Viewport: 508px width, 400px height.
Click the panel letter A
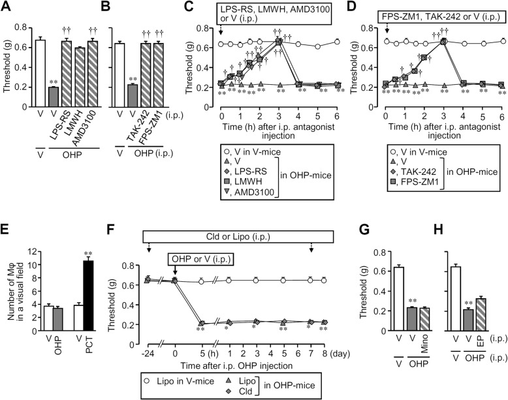pyautogui.click(x=9, y=8)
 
